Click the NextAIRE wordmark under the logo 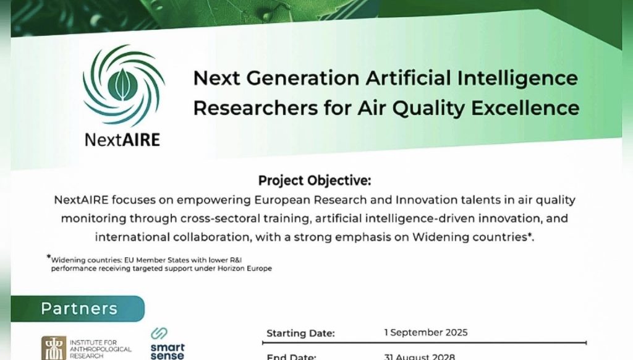(122, 139)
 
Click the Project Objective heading (315, 181)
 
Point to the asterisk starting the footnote (48, 257)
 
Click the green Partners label (79, 308)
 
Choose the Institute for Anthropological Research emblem (53, 348)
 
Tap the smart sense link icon (159, 333)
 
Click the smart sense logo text (168, 351)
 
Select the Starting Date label (300, 333)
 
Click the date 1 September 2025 (425, 333)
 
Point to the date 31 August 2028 (419, 356)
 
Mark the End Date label (291, 357)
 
